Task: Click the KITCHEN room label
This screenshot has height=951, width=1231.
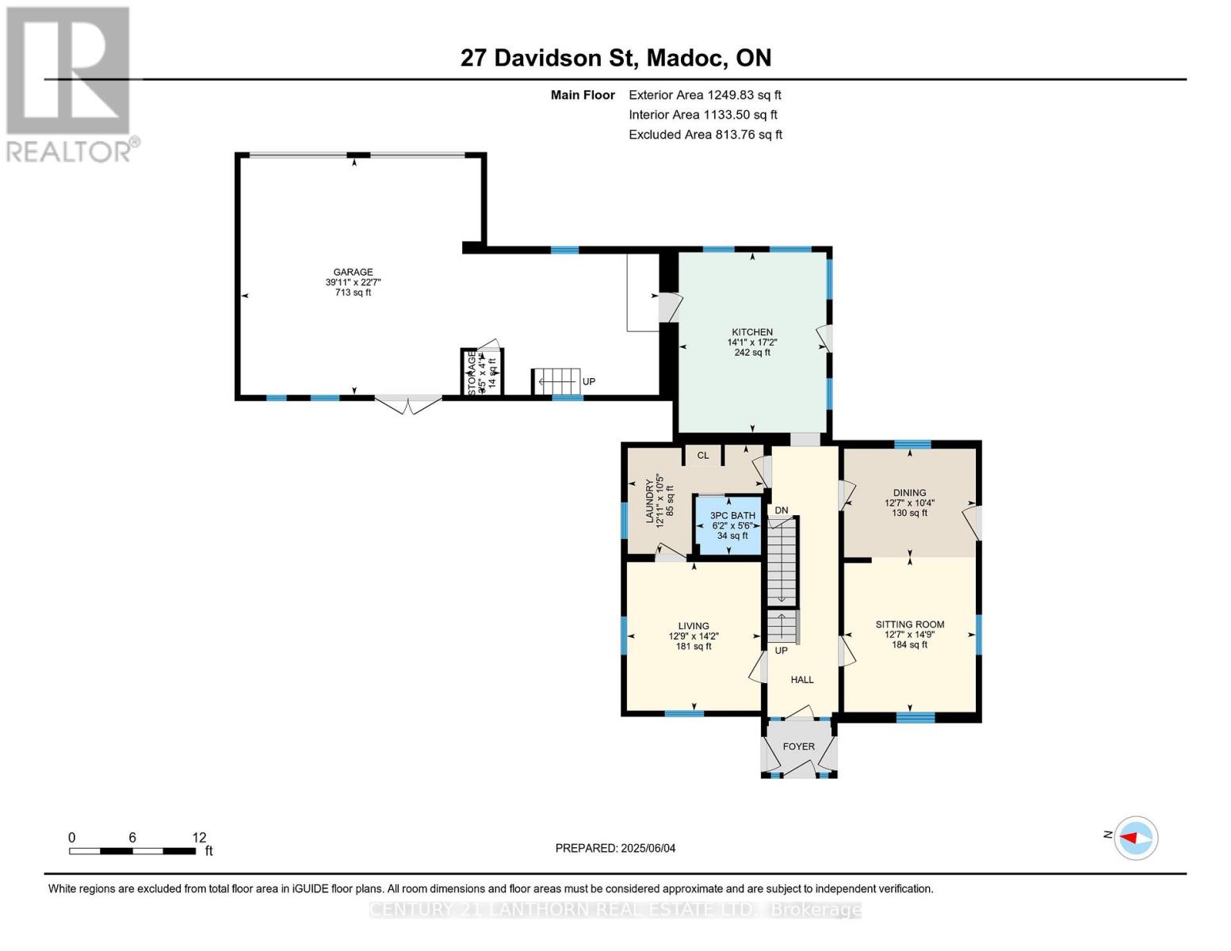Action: (x=751, y=333)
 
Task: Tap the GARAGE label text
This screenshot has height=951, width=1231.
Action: (x=353, y=273)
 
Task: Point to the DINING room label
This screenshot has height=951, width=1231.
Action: (x=909, y=493)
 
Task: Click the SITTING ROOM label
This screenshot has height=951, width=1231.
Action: (x=909, y=624)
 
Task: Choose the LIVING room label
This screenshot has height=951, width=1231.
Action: (x=693, y=626)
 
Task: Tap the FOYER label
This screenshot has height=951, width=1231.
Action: (x=798, y=747)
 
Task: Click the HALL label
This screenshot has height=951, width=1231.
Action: (x=802, y=680)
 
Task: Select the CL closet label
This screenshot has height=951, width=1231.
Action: (x=702, y=456)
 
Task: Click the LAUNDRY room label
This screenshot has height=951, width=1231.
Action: (x=650, y=501)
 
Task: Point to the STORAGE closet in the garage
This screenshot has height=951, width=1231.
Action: (x=482, y=372)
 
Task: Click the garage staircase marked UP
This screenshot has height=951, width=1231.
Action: (x=556, y=381)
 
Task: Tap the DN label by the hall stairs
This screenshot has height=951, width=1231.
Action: (x=782, y=510)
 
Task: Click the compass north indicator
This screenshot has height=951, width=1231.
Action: (x=1136, y=838)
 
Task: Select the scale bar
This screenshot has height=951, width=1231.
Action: (x=132, y=851)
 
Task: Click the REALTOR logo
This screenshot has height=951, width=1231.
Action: (x=70, y=83)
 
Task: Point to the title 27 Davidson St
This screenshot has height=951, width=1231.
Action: (x=615, y=58)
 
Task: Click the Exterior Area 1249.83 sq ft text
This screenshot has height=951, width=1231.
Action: (x=705, y=95)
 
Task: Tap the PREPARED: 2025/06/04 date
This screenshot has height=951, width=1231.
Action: (x=615, y=848)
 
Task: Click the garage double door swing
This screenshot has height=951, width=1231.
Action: (x=407, y=405)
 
